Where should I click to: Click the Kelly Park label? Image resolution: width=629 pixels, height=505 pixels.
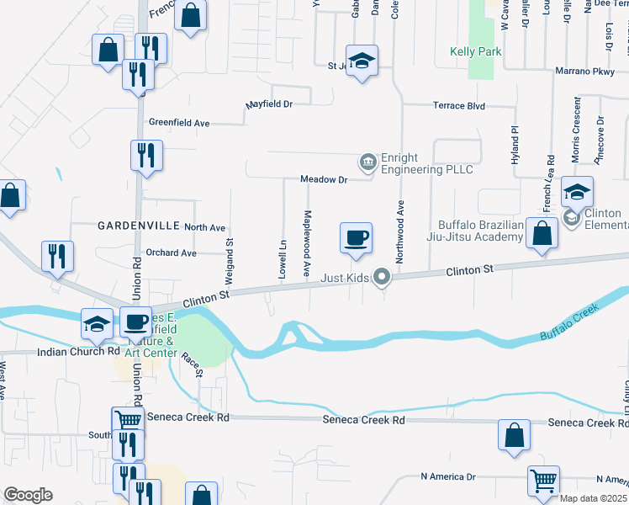[476, 51]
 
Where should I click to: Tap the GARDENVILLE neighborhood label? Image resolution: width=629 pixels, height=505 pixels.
[139, 226]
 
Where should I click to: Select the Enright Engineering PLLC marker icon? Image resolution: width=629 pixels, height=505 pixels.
[367, 161]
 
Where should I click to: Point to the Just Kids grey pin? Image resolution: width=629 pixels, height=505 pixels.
[383, 276]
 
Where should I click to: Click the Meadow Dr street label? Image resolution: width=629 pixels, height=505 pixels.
[324, 179]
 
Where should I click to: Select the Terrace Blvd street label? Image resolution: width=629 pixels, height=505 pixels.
[459, 106]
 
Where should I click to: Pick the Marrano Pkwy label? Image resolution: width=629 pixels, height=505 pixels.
[585, 72]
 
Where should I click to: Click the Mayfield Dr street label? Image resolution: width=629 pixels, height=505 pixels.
[268, 105]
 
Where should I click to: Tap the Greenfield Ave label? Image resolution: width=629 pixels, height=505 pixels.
[179, 122]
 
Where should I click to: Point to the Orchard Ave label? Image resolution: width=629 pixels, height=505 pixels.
[170, 252]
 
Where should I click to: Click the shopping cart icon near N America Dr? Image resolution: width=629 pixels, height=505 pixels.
[543, 481]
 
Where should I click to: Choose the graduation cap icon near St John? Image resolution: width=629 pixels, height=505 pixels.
[362, 61]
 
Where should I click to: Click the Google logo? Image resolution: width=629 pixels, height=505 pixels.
[28, 495]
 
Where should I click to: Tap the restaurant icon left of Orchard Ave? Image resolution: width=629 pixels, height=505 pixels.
[57, 256]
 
